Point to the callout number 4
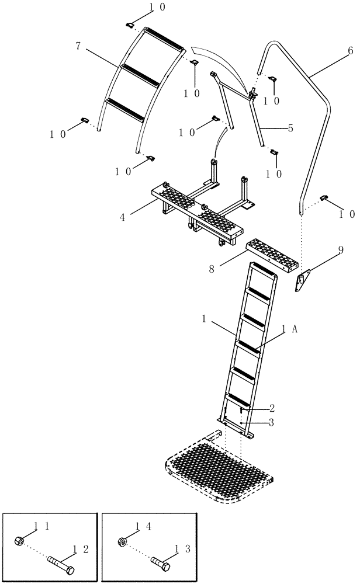click(123, 217)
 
